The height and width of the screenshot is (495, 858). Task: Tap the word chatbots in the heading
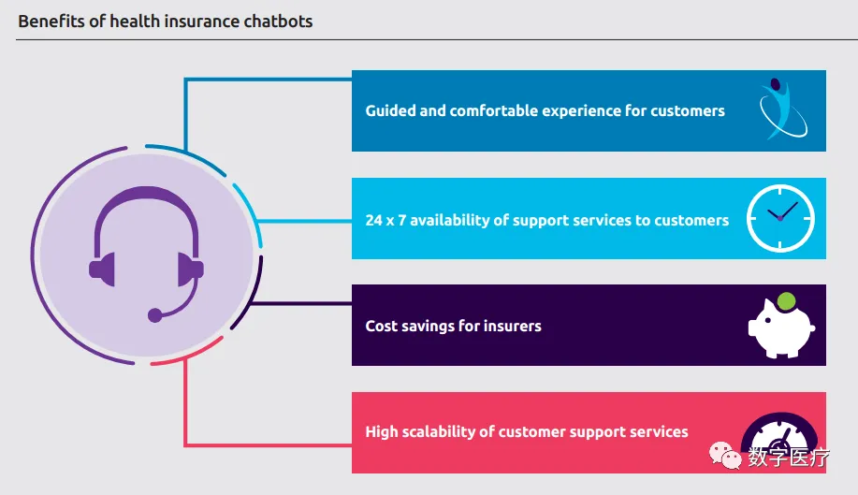[x=278, y=21]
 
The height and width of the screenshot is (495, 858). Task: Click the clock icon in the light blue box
[x=780, y=219]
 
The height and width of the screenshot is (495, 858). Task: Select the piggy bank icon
[x=779, y=328]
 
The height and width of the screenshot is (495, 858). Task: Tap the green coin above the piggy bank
[x=787, y=301]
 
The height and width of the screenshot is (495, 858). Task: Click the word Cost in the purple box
[x=382, y=327]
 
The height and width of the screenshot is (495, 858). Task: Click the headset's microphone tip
[x=155, y=315]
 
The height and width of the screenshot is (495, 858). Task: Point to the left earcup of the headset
[x=101, y=269]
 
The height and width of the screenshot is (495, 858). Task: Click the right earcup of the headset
[x=191, y=269]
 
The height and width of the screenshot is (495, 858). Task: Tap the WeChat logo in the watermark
[x=724, y=456]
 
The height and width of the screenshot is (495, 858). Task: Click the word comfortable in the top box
[x=497, y=110]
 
